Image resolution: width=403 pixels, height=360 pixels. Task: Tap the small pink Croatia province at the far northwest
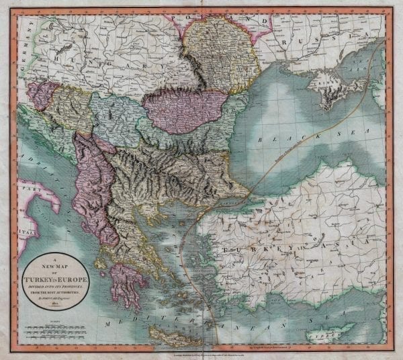pos(41,94)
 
